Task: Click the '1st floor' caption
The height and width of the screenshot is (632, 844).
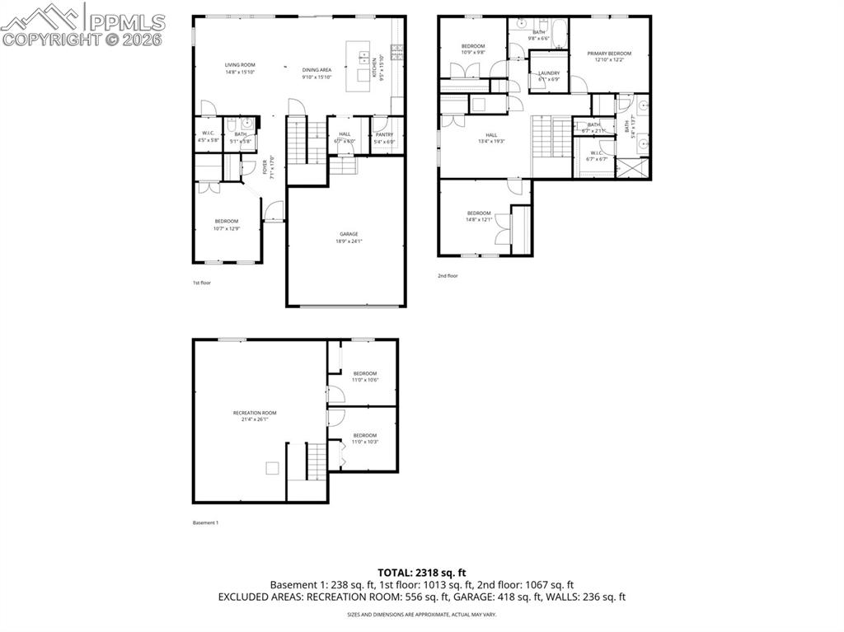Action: (202, 283)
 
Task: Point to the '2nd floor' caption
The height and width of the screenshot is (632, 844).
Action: (448, 276)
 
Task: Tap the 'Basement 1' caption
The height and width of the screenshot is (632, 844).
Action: (205, 522)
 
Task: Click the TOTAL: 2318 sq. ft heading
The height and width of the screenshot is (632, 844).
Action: (422, 572)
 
